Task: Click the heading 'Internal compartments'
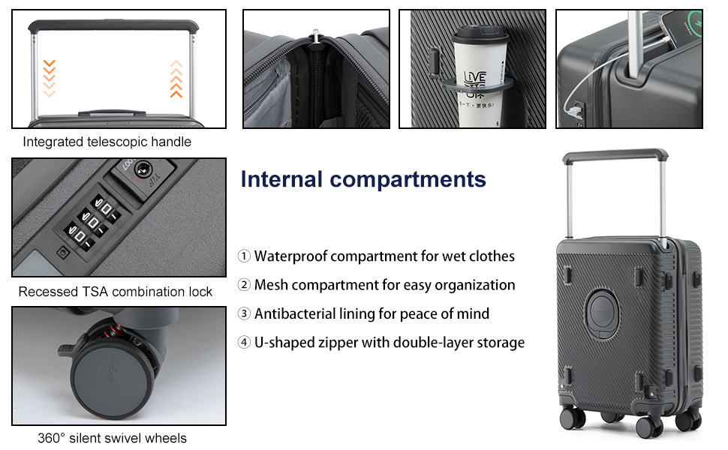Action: [x=363, y=179]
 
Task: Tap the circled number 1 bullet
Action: [x=244, y=256]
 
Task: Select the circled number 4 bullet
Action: [x=244, y=342]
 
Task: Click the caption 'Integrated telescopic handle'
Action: [x=107, y=142]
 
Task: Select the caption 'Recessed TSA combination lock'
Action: [x=115, y=292]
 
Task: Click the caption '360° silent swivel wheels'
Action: [x=112, y=438]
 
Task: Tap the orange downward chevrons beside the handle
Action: [x=50, y=78]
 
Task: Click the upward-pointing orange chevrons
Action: [x=176, y=79]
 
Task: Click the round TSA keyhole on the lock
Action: [x=143, y=169]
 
